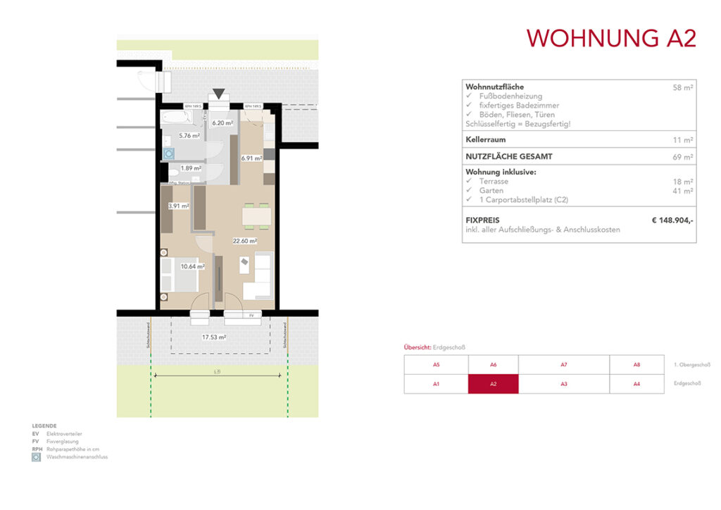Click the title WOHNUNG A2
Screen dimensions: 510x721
(611, 38)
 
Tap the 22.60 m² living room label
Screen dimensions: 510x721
(245, 241)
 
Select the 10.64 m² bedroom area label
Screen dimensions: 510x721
(192, 267)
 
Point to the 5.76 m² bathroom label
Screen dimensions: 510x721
(189, 136)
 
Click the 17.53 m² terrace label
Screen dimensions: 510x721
(214, 337)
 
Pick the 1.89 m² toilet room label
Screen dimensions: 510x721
(191, 168)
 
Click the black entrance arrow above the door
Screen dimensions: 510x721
(219, 93)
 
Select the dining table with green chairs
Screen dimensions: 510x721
(256, 216)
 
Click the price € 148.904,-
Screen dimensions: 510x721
(672, 220)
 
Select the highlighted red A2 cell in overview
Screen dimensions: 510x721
(493, 384)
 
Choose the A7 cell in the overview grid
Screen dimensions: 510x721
(563, 365)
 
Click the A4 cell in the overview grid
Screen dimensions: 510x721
(637, 384)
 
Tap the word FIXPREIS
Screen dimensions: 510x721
(482, 220)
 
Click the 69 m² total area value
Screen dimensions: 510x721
(683, 157)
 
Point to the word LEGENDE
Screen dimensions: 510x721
(45, 426)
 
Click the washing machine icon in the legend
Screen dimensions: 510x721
(37, 457)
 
